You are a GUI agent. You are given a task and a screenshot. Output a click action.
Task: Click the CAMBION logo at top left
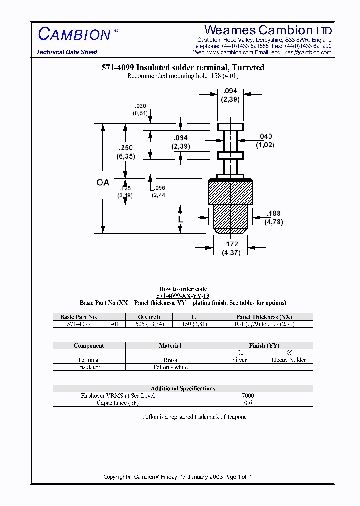(x=74, y=34)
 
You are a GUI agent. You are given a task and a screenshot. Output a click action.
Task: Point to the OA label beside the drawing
(x=103, y=183)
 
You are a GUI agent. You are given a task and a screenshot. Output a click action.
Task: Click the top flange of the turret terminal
(x=230, y=126)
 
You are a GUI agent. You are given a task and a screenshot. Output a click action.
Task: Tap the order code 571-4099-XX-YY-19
(x=183, y=296)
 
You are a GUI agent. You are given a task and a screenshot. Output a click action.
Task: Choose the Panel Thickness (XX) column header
(x=264, y=317)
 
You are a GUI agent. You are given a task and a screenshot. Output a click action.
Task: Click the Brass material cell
(x=170, y=360)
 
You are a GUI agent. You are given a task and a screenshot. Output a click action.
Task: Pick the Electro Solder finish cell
(x=288, y=360)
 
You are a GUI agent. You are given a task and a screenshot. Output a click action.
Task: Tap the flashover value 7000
(x=248, y=396)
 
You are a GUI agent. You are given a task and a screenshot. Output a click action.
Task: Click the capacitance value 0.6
(x=248, y=403)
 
